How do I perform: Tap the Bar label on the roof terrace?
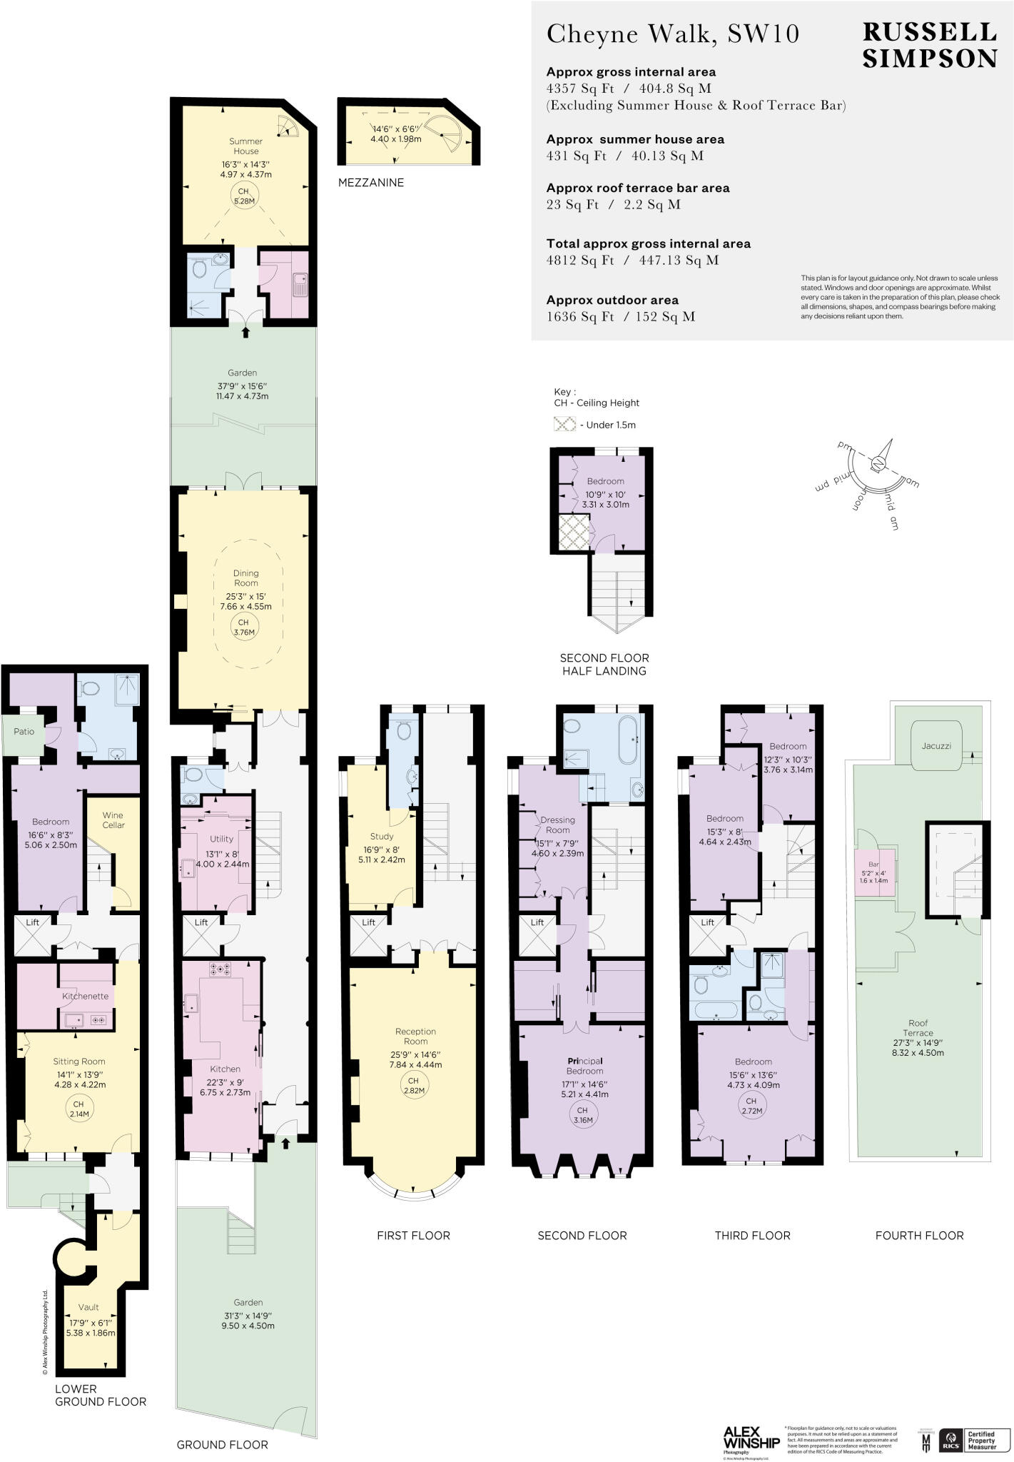coord(873,864)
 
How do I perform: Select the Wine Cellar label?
coord(113,820)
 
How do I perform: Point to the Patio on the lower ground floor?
coord(24,732)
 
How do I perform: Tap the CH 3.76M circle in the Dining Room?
coord(243,627)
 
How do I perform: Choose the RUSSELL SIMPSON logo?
coord(929,45)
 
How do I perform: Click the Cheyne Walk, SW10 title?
coord(672,34)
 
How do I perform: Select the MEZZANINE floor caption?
coord(370,183)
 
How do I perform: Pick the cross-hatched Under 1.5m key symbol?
coord(564,424)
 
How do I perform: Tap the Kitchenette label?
coord(85,996)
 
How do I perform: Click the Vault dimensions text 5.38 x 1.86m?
coord(90,1333)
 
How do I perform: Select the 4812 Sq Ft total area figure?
coord(579,261)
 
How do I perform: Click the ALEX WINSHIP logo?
coord(751,1437)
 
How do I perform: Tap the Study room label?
coord(381,836)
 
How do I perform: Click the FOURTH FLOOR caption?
coord(919,1235)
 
